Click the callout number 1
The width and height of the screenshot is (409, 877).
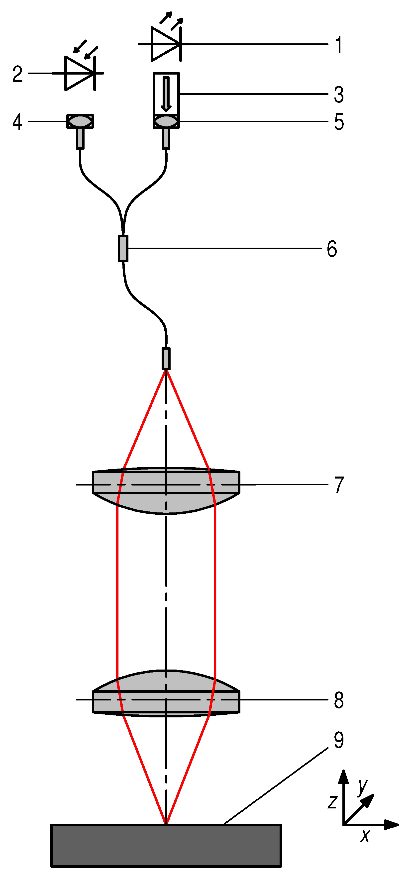coord(338,45)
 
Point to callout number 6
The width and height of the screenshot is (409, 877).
coord(332,249)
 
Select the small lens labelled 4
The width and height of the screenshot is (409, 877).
coord(80,121)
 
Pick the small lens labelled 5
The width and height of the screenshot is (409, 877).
coord(166,121)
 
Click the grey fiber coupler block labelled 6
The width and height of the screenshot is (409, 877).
coord(123,248)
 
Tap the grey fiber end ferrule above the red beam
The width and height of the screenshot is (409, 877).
coord(166,359)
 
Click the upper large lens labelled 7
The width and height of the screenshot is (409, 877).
coord(166,490)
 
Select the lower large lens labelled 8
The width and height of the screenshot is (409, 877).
coord(166,694)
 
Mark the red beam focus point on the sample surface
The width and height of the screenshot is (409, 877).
coord(166,824)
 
